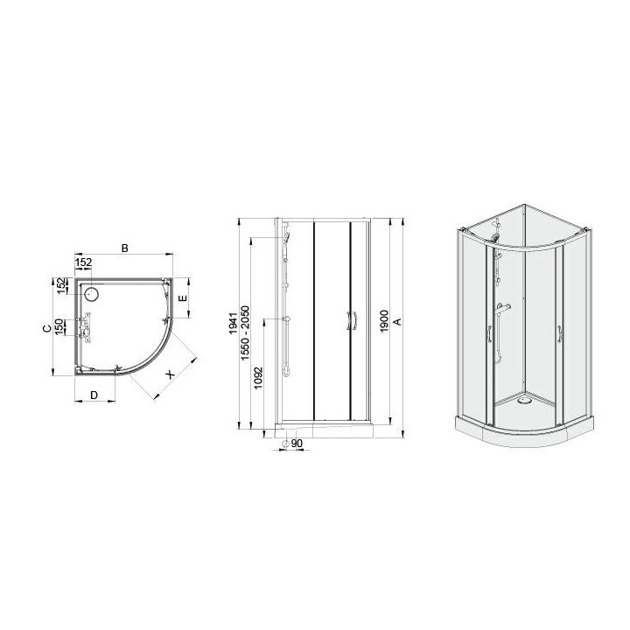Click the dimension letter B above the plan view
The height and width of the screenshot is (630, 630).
click(124, 249)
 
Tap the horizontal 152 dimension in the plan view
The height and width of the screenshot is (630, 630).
click(84, 262)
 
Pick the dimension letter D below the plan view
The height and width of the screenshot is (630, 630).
click(94, 395)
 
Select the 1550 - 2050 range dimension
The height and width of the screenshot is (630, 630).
click(248, 328)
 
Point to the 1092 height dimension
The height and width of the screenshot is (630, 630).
click(260, 378)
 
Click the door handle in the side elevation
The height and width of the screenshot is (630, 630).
click(352, 321)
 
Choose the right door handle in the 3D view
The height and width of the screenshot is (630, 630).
click(556, 336)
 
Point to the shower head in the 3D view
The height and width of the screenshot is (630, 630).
click(496, 236)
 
